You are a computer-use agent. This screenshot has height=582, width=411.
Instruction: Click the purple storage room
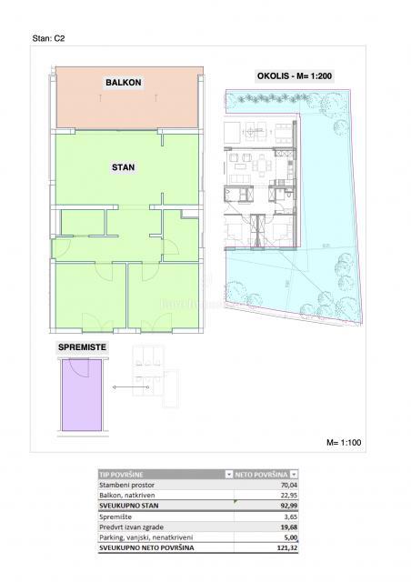pyautogui.click(x=81, y=396)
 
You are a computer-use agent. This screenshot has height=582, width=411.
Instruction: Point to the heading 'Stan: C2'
pyautogui.click(x=48, y=40)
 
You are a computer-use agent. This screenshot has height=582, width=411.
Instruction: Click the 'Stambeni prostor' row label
pyautogui.click(x=128, y=486)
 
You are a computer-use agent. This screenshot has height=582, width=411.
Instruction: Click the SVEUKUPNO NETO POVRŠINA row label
pyautogui.click(x=150, y=547)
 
